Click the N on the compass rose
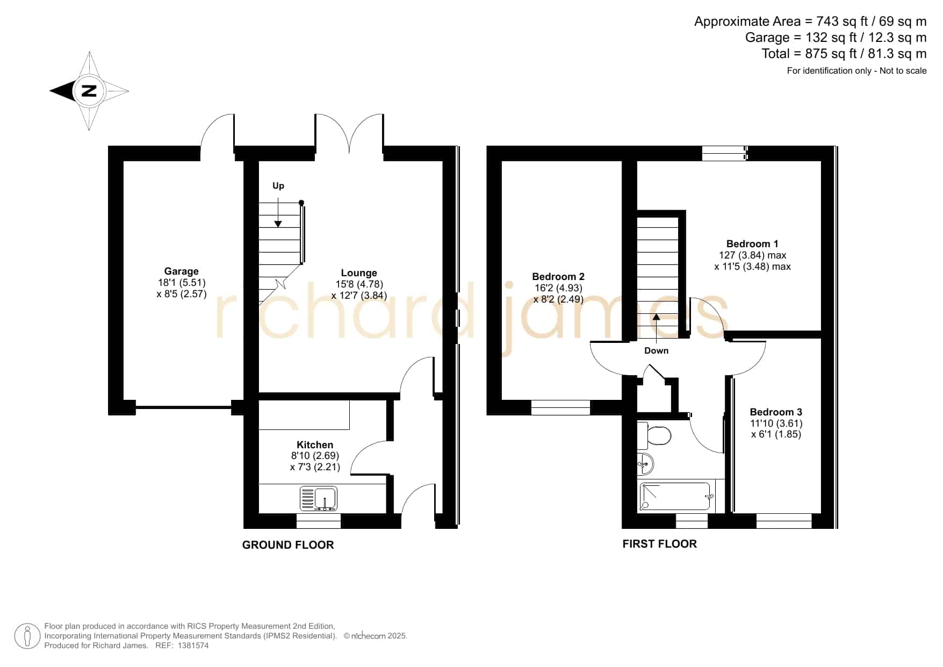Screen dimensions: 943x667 click(89, 91)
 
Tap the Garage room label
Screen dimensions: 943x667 click(182, 271)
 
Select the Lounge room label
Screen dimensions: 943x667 click(359, 273)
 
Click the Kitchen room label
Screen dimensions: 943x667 click(315, 444)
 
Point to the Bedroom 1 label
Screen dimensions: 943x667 click(752, 244)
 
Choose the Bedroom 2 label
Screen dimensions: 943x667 click(558, 277)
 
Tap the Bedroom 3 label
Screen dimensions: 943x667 click(776, 412)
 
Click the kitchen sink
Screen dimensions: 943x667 click(319, 498)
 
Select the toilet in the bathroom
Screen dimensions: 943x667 click(654, 435)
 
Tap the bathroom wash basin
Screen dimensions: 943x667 click(645, 463)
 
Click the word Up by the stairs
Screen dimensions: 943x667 click(278, 186)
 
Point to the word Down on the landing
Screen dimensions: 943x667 click(657, 350)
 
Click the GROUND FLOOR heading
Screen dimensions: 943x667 click(288, 545)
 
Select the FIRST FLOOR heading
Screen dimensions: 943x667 click(660, 544)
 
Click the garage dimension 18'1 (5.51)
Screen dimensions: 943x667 click(182, 283)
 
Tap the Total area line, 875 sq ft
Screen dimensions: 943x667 click(844, 54)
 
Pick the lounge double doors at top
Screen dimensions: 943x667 click(349, 134)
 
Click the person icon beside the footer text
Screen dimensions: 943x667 click(27, 636)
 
